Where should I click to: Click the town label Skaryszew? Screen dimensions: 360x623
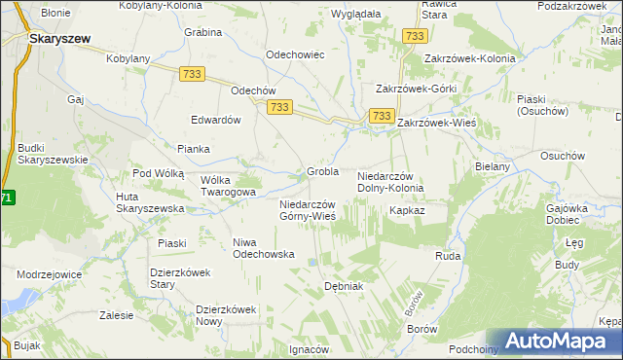[x=60, y=38]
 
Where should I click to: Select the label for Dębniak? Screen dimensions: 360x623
[x=343, y=287]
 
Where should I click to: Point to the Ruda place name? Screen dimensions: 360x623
[x=447, y=256]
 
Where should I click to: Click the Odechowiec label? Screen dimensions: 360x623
[x=295, y=54]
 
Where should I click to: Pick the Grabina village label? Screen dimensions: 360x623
[x=203, y=31]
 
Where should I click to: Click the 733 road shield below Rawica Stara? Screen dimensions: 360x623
[x=415, y=36]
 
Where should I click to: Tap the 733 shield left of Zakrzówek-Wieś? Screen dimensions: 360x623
[x=380, y=117]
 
